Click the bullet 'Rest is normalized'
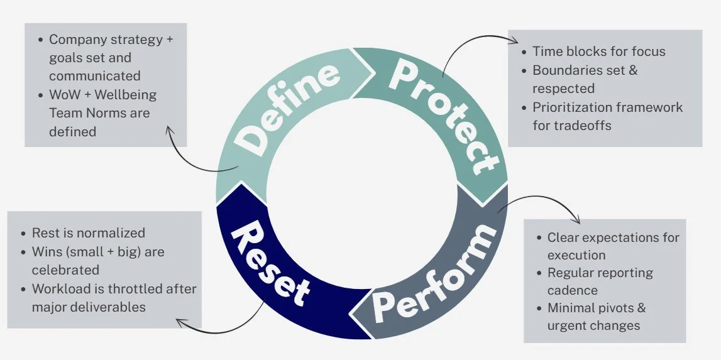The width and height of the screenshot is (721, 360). pos(88,233)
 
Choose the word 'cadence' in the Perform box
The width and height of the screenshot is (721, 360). pos(571,290)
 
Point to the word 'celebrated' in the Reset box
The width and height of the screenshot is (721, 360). pos(65,270)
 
